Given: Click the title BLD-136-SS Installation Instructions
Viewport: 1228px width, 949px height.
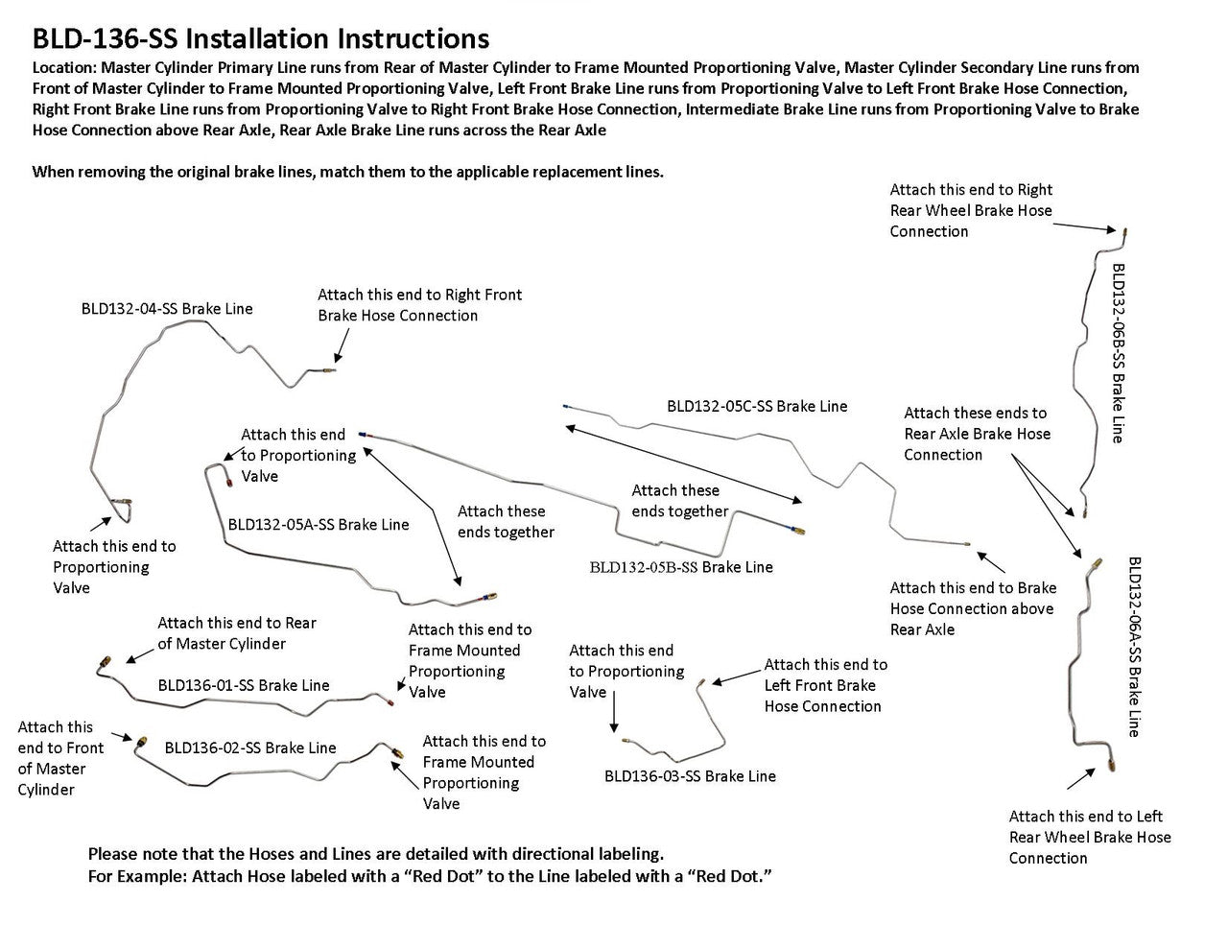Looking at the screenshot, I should [x=261, y=38].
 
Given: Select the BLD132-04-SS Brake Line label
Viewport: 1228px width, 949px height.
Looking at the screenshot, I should [x=167, y=308].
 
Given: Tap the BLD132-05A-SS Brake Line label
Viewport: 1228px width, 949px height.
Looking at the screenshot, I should [x=319, y=524].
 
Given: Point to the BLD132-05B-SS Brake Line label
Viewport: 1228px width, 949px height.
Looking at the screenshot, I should [x=681, y=566].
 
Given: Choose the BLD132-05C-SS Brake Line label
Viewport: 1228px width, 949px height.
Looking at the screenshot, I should [x=757, y=406].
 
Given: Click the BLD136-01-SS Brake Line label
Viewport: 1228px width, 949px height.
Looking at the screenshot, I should [x=244, y=685].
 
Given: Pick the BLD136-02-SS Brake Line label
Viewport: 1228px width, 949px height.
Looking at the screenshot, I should [x=250, y=747].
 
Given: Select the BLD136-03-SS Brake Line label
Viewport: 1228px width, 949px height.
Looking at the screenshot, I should [x=690, y=775].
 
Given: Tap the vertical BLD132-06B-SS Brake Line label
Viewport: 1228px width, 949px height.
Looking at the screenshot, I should [x=1118, y=353].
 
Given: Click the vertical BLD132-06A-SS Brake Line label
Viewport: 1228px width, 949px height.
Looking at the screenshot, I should [x=1134, y=647].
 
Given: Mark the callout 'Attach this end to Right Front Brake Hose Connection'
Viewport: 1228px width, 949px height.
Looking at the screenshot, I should [x=419, y=305].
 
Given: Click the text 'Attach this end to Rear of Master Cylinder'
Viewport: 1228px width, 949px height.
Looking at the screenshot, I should [x=236, y=633].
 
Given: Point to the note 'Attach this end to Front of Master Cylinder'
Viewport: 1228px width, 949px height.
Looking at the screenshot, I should [x=59, y=758].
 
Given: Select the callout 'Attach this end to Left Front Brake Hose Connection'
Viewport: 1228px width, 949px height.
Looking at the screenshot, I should [x=825, y=685].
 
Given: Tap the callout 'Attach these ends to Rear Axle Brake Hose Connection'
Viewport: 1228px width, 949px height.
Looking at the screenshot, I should [x=977, y=434].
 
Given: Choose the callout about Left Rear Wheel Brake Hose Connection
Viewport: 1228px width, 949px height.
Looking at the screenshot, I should [x=1090, y=837].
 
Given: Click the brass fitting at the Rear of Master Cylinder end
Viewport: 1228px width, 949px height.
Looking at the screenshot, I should [x=106, y=663].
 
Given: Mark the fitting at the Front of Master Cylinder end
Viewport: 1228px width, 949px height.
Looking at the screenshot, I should [x=140, y=742].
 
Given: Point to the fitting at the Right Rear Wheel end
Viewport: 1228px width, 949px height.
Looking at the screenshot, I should [x=1122, y=233].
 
